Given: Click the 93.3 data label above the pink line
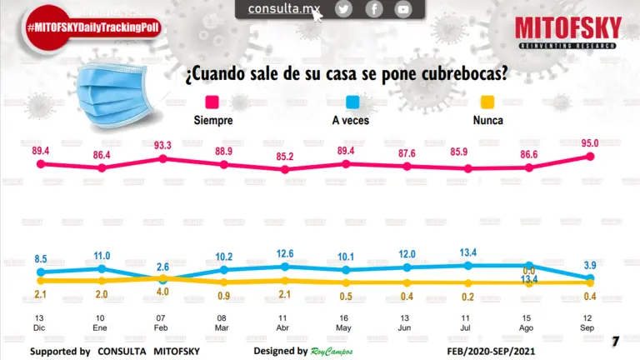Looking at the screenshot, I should (x=163, y=145).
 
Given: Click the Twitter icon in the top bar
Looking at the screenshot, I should (x=343, y=9).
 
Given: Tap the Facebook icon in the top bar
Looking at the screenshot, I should (x=373, y=9).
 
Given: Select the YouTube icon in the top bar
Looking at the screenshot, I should (x=403, y=9).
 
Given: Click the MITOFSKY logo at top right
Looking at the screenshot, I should (x=567, y=31).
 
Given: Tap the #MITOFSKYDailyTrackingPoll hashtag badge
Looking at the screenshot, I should (x=92, y=27).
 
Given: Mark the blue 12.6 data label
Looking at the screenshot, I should (x=285, y=253).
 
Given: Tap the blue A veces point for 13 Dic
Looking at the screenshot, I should (x=40, y=272).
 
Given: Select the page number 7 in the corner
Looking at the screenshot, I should (x=615, y=341).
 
